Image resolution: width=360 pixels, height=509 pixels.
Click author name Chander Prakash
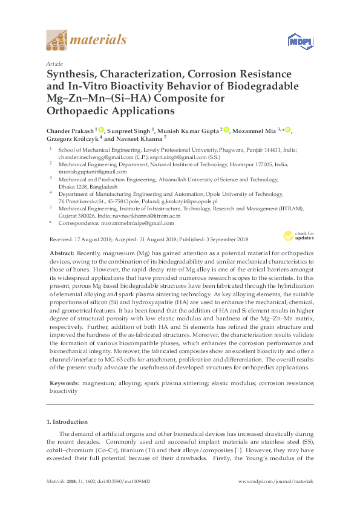point(69,130)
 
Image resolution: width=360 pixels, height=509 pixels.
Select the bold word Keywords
point(63,383)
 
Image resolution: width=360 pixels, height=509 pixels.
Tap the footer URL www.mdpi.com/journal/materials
point(277,498)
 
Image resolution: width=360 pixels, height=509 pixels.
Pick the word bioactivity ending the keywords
point(64,391)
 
